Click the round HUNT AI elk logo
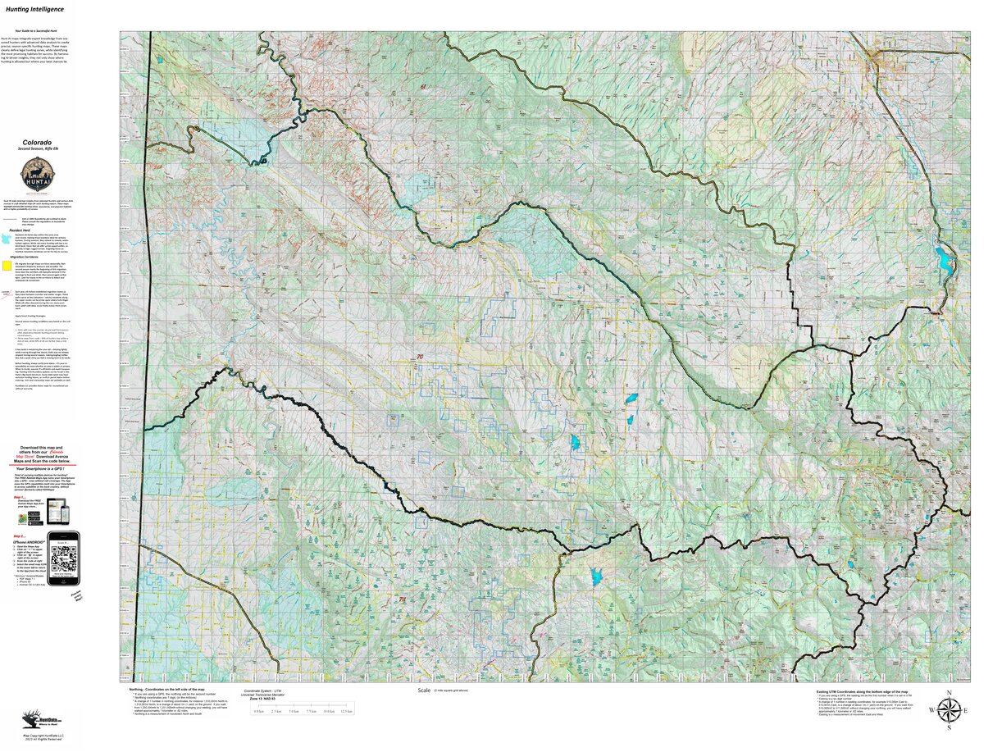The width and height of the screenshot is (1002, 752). [x=37, y=175]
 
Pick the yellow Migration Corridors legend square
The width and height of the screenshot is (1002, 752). [x=6, y=264]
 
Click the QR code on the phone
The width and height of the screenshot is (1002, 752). [x=63, y=558]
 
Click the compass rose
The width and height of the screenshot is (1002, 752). [x=950, y=709]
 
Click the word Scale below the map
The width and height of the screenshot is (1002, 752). [x=424, y=690]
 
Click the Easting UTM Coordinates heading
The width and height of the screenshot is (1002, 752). [x=860, y=691]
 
